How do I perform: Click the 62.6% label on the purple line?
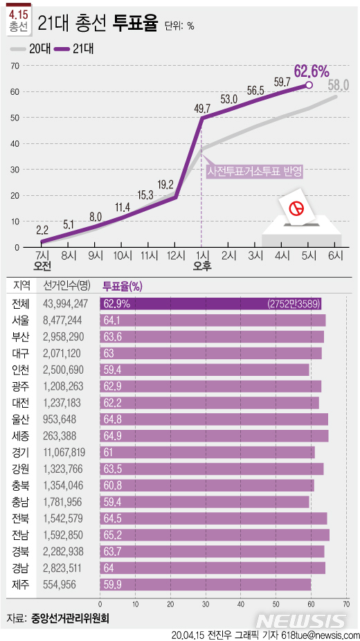[x=311, y=71]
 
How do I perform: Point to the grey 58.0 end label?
[x=339, y=86]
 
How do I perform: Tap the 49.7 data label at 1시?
[x=203, y=108]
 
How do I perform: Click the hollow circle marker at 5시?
[x=309, y=85]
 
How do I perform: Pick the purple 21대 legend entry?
[x=73, y=48]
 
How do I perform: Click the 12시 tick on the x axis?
[x=175, y=255]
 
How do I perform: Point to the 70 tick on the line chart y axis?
[x=14, y=66]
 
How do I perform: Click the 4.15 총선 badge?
[x=19, y=20]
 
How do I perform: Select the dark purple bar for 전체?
[x=211, y=303]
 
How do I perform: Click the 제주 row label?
[x=20, y=586]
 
